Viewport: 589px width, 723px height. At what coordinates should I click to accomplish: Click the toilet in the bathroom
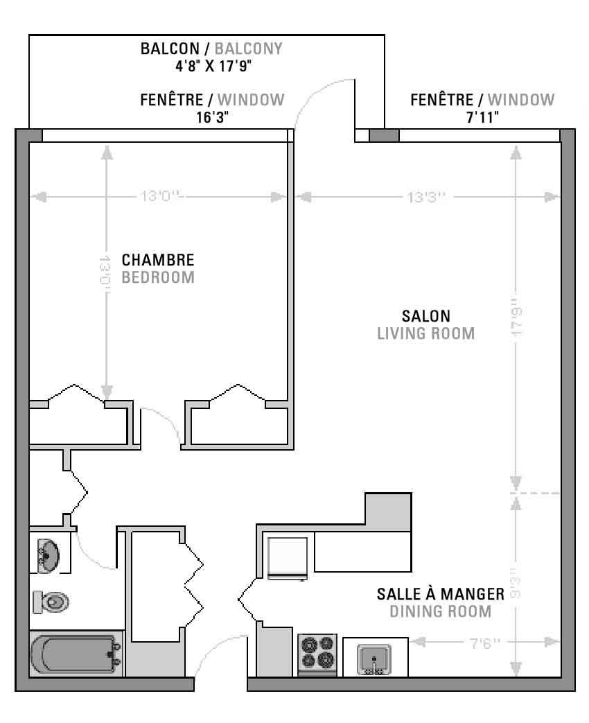coord(51,602)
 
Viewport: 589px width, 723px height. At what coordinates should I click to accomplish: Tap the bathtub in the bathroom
coord(76,654)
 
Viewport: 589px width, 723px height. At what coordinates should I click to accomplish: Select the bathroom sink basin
coord(48,556)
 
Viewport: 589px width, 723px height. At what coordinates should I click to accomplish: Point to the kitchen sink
coord(374,659)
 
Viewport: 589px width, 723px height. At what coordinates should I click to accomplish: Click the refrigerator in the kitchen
coord(288,558)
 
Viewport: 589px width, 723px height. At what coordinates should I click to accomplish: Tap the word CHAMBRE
coord(157,260)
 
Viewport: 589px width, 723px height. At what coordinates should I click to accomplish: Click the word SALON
coord(426,316)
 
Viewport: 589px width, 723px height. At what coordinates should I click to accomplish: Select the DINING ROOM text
coord(441,611)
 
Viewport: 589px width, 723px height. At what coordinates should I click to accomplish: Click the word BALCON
coord(170,49)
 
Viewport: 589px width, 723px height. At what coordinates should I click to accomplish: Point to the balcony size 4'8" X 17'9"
coord(213,66)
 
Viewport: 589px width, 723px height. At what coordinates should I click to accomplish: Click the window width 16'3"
coord(213,117)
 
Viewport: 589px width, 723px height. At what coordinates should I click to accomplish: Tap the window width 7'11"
coord(482,117)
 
